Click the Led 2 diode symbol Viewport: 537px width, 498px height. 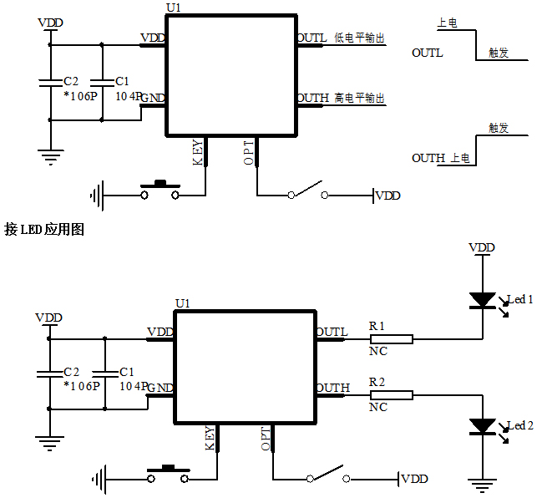[482, 426]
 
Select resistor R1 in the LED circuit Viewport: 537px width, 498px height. [391, 339]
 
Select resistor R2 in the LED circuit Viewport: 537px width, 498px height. [391, 394]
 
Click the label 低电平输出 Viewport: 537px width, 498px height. [359, 38]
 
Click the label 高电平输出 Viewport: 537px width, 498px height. [359, 99]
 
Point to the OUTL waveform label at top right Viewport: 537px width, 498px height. [427, 53]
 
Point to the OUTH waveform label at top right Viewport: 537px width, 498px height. [428, 158]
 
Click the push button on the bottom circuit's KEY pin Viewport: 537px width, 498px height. [168, 474]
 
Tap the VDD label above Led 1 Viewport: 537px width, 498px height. [481, 248]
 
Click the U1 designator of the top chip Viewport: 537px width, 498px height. [174, 7]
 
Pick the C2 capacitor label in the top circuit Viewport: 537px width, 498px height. [71, 81]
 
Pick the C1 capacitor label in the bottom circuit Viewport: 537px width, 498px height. [127, 372]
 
